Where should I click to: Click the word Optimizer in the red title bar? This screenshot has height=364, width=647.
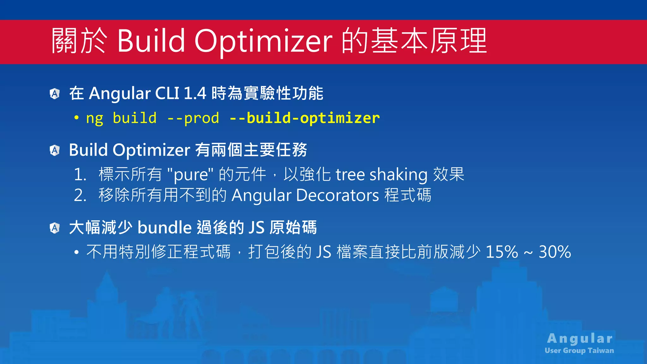point(263,41)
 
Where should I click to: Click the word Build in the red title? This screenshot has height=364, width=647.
point(151,41)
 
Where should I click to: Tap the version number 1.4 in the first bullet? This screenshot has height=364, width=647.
point(195,94)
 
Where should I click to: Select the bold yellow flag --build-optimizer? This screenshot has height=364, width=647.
point(305,118)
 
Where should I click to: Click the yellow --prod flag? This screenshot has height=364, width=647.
point(193,118)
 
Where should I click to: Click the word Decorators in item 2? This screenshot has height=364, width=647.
point(337,195)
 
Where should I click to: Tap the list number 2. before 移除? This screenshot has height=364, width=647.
point(80,195)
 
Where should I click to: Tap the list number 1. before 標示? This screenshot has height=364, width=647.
point(80,174)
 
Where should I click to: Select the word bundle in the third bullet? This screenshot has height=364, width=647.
point(165,227)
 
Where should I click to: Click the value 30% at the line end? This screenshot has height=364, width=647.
point(555,252)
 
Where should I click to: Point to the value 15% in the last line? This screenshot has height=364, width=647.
point(502,252)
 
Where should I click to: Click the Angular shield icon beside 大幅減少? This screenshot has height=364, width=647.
point(55,228)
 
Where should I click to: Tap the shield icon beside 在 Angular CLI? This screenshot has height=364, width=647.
point(55,94)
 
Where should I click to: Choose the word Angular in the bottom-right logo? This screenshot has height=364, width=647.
point(580,338)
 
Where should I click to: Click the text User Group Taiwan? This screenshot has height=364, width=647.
point(579,350)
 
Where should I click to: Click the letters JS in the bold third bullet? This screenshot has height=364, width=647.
point(256,227)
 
